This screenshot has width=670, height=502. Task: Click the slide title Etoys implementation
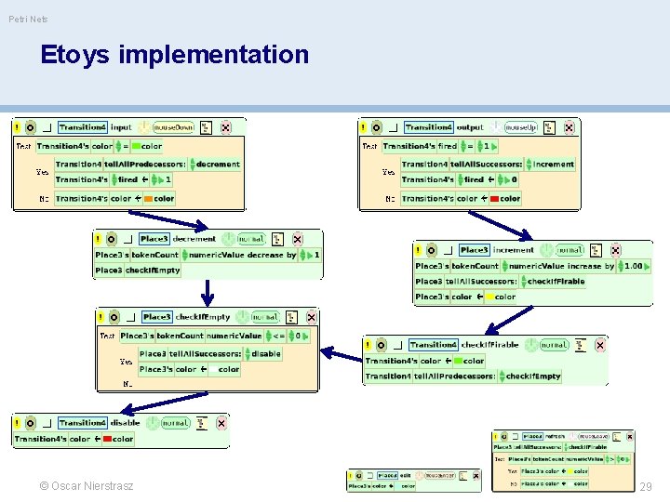[174, 55]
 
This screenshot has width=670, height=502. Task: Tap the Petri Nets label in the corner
[28, 19]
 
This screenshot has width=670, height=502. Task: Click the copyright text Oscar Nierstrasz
[87, 486]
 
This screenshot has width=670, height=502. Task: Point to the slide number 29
[647, 486]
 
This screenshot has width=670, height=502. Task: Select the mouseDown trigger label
[170, 127]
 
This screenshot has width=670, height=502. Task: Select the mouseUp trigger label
[519, 127]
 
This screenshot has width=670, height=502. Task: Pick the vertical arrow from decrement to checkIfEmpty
[208, 292]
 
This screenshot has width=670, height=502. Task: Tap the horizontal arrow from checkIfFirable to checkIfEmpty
[341, 351]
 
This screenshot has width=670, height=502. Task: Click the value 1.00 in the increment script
[633, 266]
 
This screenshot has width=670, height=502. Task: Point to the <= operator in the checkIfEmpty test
[278, 336]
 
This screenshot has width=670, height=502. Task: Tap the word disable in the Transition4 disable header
[125, 423]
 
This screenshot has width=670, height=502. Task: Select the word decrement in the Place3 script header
[194, 239]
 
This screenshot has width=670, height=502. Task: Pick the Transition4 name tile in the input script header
[82, 127]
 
